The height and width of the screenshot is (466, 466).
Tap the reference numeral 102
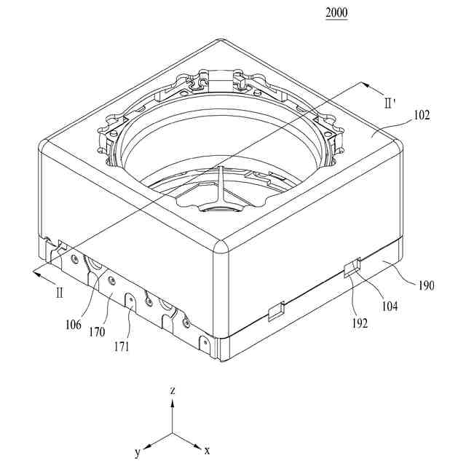pyautogui.click(x=422, y=114)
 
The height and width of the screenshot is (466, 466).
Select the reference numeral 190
pyautogui.click(x=427, y=285)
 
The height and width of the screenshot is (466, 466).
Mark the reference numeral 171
pyautogui.click(x=122, y=347)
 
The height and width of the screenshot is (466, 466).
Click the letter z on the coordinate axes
pyautogui.click(x=173, y=391)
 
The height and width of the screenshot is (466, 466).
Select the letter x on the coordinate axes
pyautogui.click(x=207, y=451)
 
